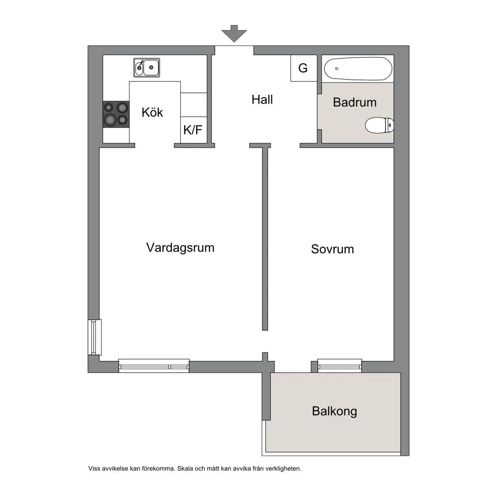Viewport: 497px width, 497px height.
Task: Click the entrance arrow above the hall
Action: tap(234, 33)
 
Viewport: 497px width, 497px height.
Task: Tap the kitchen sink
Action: tap(146, 67)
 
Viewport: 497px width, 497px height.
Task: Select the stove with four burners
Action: tap(116, 114)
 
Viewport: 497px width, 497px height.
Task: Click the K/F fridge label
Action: tap(193, 129)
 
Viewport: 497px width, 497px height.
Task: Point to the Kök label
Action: tap(152, 112)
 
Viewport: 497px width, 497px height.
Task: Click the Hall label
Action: tap(262, 100)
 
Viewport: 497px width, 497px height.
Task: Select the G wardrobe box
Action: tap(304, 68)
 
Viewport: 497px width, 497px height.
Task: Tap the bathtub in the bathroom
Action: tap(358, 69)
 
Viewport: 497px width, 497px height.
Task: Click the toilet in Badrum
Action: tap(380, 125)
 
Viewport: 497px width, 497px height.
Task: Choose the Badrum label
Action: tap(355, 102)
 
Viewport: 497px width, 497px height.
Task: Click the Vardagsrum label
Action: tap(180, 248)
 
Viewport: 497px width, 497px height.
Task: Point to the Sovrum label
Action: tap(333, 249)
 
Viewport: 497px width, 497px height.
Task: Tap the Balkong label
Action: tap(334, 411)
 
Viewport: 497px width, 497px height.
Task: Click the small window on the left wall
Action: tap(94, 337)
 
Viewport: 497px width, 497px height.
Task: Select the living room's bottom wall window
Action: tap(154, 365)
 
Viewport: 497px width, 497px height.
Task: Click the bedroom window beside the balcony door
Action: tap(340, 365)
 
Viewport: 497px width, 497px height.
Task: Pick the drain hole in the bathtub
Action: tap(337, 69)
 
